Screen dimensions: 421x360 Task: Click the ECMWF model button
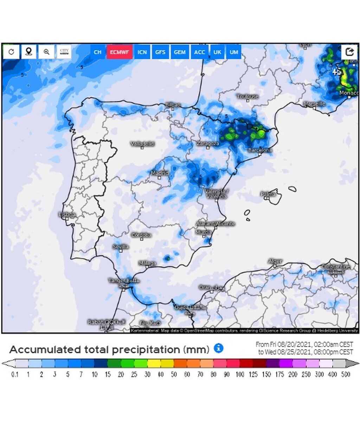tap(120, 52)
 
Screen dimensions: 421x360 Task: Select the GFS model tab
tap(160, 52)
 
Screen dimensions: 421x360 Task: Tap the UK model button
tap(217, 52)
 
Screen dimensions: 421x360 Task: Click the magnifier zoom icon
tap(46, 52)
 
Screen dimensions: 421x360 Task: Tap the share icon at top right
tap(349, 52)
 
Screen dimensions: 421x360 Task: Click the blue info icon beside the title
tap(219, 348)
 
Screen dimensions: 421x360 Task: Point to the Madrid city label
tap(160, 173)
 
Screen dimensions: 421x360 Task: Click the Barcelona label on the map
tap(260, 150)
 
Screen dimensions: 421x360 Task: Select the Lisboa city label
tap(67, 214)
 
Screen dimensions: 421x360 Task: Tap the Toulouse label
tap(247, 96)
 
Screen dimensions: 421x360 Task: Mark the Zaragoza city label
tap(208, 143)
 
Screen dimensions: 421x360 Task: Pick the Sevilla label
tap(121, 247)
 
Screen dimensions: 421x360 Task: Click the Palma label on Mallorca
tap(268, 194)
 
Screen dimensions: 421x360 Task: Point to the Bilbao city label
tap(173, 105)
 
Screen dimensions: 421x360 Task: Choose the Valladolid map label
tap(142, 144)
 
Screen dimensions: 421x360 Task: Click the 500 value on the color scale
tap(346, 375)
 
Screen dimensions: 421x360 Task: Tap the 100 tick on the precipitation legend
tap(240, 375)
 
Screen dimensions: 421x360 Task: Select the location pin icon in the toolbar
tap(29, 52)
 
